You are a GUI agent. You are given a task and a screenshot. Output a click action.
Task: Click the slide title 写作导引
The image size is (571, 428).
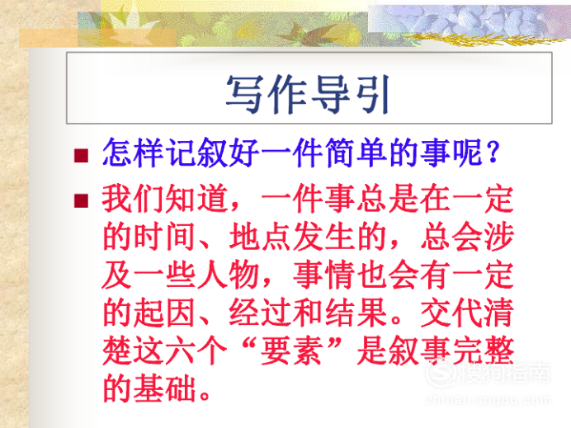click(x=308, y=94)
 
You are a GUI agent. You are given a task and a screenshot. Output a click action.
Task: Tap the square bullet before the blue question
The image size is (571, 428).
click(x=81, y=155)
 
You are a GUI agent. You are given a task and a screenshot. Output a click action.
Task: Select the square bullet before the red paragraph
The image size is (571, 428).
click(x=81, y=200)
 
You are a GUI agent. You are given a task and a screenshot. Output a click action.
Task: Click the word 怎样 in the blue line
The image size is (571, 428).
click(x=133, y=153)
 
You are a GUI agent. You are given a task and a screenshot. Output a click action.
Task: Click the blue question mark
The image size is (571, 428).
click(x=493, y=153)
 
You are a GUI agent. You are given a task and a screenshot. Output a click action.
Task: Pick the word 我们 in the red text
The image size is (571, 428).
click(x=133, y=199)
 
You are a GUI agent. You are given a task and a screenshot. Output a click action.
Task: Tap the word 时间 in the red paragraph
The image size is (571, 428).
click(x=164, y=237)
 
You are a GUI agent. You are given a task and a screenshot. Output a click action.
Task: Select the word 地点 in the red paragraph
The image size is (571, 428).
click(x=260, y=237)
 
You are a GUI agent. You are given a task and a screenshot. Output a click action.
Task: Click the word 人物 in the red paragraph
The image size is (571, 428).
click(x=229, y=275)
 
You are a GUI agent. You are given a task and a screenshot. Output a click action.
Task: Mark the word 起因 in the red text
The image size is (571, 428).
click(x=164, y=313)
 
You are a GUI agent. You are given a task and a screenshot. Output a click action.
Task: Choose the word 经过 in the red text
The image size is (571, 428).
click(x=260, y=313)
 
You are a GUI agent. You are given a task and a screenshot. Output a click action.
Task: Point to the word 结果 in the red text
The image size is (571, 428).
click(x=356, y=313)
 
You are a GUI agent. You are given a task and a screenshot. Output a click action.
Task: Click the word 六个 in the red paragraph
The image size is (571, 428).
click(x=196, y=350)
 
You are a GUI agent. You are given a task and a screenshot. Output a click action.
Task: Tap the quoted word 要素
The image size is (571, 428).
click(x=291, y=350)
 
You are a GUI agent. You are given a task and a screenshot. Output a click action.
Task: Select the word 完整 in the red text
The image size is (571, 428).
click(x=484, y=350)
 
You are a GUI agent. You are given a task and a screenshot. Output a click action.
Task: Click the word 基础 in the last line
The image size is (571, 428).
click(x=164, y=388)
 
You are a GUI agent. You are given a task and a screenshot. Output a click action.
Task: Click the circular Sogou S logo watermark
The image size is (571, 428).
click(x=441, y=373)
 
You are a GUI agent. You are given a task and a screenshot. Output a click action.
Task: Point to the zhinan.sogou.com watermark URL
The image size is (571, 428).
click(x=488, y=400)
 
